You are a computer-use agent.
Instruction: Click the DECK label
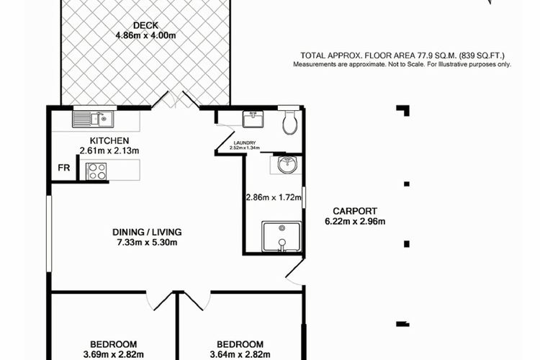[145, 25]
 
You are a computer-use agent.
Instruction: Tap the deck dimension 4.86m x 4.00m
[145, 35]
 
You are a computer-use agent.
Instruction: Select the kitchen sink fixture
[93, 119]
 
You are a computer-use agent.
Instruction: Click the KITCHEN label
[109, 140]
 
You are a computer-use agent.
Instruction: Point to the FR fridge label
[63, 168]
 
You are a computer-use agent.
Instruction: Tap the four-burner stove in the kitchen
[96, 171]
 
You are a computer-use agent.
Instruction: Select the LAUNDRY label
[245, 143]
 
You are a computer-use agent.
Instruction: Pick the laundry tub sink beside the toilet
[253, 119]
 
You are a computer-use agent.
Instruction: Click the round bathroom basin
[286, 165]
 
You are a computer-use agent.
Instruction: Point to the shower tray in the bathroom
[282, 237]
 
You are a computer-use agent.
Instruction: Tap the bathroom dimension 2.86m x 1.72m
[274, 198]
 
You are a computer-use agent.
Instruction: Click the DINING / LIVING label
[147, 232]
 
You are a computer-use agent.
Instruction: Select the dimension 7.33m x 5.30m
[147, 243]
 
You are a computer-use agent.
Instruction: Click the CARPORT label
[355, 211]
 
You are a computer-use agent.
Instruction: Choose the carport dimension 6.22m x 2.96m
[355, 221]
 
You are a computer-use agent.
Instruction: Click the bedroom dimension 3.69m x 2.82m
[113, 354]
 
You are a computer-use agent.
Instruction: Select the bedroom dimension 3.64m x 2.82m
[240, 354]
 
